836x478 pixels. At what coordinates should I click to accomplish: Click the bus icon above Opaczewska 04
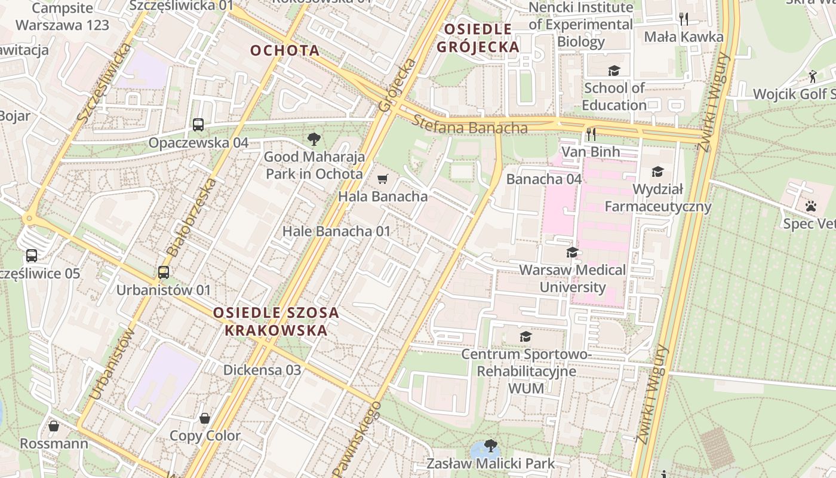[198, 125]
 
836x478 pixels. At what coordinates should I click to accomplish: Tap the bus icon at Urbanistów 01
[164, 272]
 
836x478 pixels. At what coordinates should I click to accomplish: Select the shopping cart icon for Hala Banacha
[383, 179]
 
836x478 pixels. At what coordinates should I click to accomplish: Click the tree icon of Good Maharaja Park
[314, 140]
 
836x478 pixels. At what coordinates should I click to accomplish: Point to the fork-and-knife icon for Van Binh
[591, 134]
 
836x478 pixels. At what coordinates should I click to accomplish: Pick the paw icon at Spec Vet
[810, 206]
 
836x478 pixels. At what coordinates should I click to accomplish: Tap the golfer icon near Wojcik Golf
[812, 76]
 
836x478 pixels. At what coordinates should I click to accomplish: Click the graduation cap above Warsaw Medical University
[573, 252]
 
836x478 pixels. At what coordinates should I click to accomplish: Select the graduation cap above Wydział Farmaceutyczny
[657, 172]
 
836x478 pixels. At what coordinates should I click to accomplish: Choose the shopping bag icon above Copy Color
[205, 418]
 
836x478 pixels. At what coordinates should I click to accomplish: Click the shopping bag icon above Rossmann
[54, 426]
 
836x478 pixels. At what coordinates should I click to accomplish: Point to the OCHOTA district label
[285, 50]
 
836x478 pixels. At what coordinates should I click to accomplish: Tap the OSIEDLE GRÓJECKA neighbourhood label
[478, 38]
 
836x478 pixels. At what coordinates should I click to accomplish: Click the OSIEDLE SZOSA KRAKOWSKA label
[276, 321]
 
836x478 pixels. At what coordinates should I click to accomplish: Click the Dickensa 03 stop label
[262, 370]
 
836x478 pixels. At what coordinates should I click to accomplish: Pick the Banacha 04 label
[543, 179]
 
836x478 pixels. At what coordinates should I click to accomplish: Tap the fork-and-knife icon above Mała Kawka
[684, 19]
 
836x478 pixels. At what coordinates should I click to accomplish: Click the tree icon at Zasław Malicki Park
[491, 446]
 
